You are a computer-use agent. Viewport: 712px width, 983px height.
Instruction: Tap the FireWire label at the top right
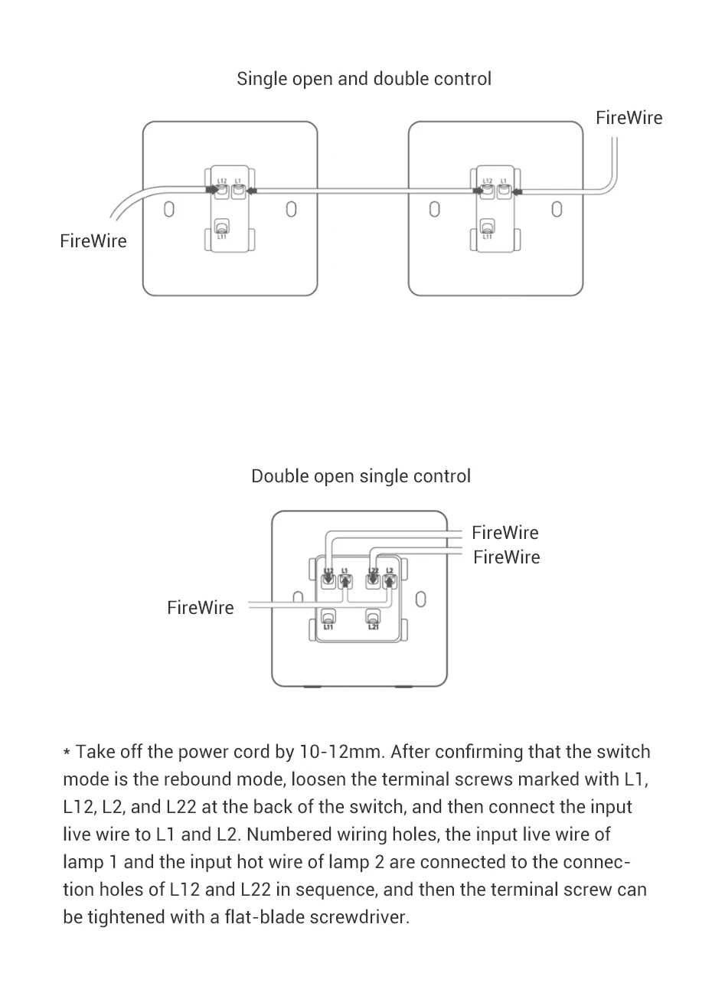[629, 118]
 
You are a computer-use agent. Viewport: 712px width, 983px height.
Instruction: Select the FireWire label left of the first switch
[93, 241]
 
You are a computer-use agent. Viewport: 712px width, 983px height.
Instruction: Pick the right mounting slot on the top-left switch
[291, 209]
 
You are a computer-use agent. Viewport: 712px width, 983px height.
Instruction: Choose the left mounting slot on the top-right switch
[434, 209]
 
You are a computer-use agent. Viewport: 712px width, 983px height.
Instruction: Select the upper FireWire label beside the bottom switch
[505, 533]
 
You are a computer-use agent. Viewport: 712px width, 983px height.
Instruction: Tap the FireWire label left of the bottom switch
[201, 608]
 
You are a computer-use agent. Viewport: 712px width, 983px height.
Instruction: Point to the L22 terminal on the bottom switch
[374, 580]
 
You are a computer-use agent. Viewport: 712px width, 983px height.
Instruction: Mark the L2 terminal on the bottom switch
[390, 580]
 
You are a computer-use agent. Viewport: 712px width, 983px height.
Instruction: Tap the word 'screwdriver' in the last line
[359, 917]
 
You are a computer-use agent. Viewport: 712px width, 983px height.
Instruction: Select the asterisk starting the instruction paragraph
[67, 753]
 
